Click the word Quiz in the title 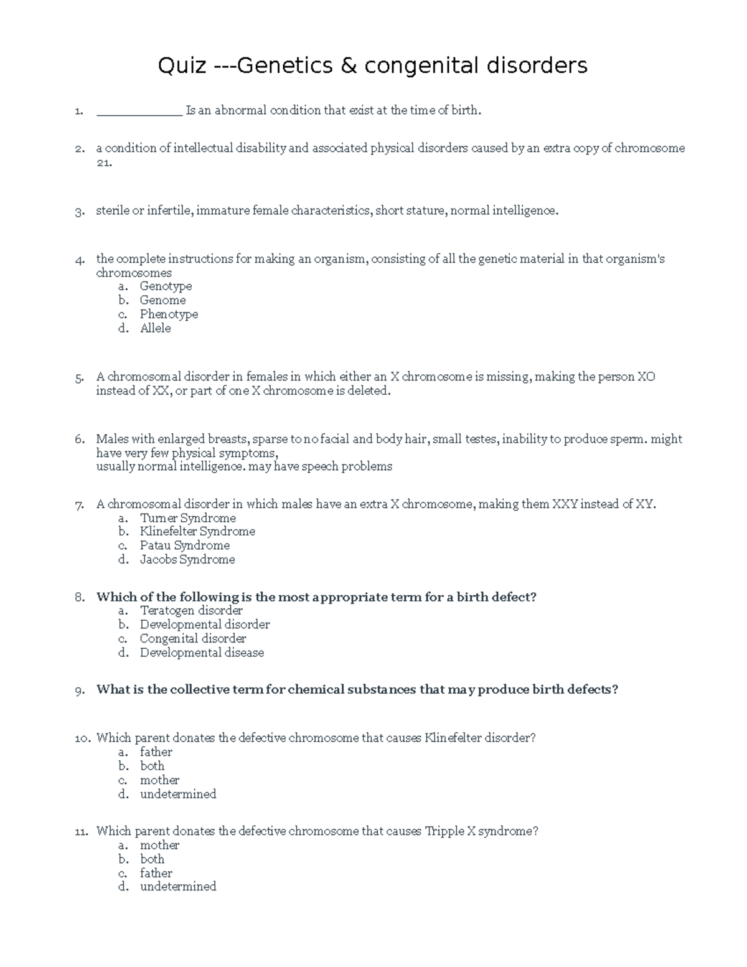[x=181, y=65]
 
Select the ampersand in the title [x=349, y=65]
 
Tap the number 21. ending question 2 [x=104, y=163]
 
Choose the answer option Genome [x=162, y=300]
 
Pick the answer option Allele [x=155, y=328]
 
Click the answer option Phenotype [x=169, y=314]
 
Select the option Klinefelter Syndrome [x=197, y=532]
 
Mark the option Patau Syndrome [x=184, y=545]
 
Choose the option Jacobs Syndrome [x=187, y=560]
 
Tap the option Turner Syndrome [x=187, y=518]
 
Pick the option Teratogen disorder [x=190, y=611]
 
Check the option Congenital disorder [x=192, y=639]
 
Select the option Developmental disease [x=202, y=653]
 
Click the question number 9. [x=79, y=691]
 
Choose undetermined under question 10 [x=178, y=794]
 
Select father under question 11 [x=156, y=873]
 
